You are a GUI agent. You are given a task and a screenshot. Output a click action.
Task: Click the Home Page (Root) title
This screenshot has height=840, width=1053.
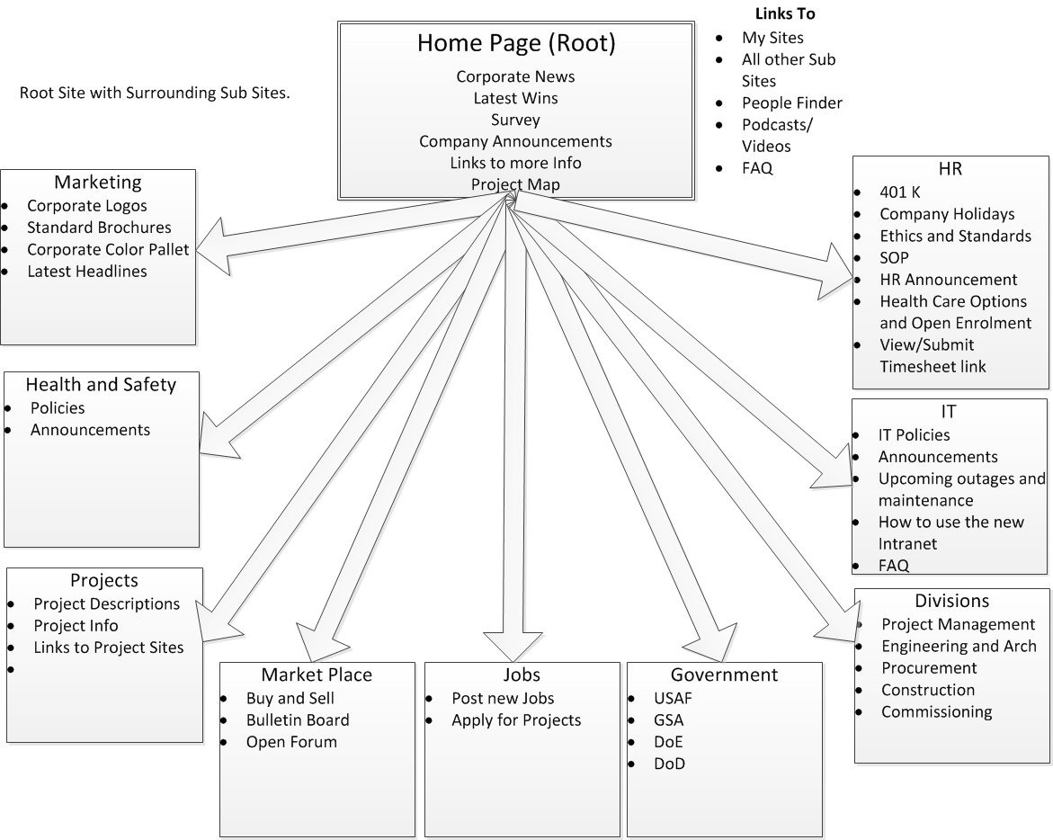click(516, 43)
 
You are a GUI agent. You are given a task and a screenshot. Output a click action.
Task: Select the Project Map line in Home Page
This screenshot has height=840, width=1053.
click(515, 184)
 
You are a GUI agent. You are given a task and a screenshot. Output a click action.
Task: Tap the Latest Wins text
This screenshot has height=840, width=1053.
click(515, 98)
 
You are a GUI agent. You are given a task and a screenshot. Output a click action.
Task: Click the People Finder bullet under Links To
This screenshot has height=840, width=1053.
click(791, 103)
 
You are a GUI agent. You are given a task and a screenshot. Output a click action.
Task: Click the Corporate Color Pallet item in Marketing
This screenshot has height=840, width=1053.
click(108, 249)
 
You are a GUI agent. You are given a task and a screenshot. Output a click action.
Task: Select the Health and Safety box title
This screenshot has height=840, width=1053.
click(101, 385)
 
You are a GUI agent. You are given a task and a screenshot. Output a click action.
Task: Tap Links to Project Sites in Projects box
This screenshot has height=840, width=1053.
click(109, 648)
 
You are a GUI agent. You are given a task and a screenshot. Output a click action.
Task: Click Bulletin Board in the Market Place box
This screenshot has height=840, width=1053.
click(298, 720)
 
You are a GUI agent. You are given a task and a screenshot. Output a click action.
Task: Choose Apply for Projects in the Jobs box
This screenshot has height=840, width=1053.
click(516, 720)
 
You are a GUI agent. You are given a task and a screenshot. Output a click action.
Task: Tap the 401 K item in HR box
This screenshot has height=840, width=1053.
click(900, 192)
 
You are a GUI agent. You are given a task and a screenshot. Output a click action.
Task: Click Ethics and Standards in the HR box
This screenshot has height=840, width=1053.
click(955, 236)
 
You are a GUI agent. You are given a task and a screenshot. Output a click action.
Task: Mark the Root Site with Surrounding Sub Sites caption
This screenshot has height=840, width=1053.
click(155, 93)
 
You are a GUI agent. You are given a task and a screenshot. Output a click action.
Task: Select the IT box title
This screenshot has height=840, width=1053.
click(949, 412)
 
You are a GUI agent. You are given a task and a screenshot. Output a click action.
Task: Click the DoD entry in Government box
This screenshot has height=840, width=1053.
click(670, 764)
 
